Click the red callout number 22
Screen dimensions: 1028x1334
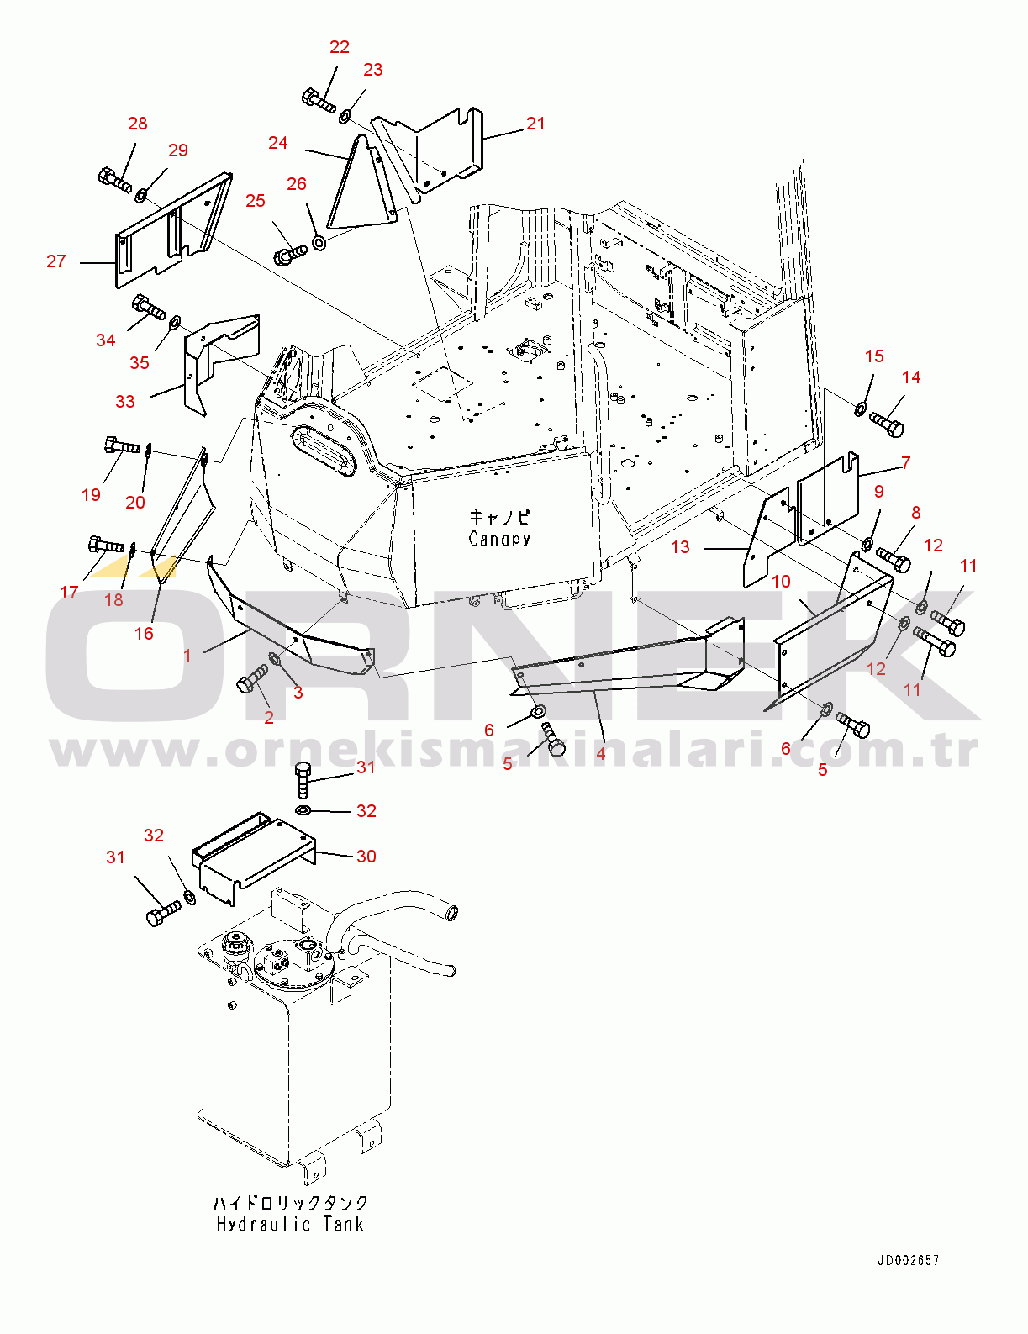pos(340,47)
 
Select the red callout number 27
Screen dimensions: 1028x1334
pos(55,261)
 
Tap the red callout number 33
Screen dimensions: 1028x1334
pos(125,402)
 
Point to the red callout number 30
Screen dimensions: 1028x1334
pos(366,857)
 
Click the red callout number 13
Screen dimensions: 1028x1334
pos(680,547)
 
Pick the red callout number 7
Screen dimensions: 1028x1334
pos(906,462)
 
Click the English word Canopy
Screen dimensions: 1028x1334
pos(499,540)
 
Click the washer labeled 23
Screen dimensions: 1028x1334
pos(345,115)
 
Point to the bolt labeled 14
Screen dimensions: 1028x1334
pos(887,424)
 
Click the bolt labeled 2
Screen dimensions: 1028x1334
pos(252,679)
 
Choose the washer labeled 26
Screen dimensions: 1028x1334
pos(319,242)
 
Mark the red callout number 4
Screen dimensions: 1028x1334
pos(600,753)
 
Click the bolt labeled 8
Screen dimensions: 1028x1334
pos(893,560)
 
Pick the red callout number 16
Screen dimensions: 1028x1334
pos(145,634)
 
